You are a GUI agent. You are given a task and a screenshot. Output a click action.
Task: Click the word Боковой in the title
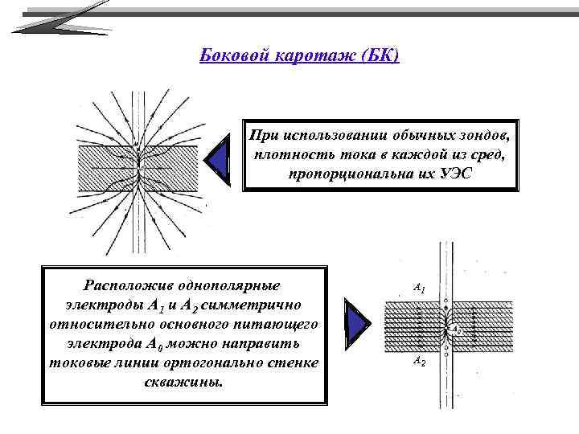click(x=228, y=57)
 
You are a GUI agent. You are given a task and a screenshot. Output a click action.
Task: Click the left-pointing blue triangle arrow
click(x=218, y=157)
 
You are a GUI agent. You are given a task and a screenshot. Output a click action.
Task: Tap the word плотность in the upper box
click(x=286, y=154)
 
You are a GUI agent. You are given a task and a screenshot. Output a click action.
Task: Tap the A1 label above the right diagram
click(x=418, y=286)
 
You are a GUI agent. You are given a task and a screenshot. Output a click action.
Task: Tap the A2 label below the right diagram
click(x=418, y=362)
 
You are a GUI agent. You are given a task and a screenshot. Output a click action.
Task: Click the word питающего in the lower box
click(x=279, y=323)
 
